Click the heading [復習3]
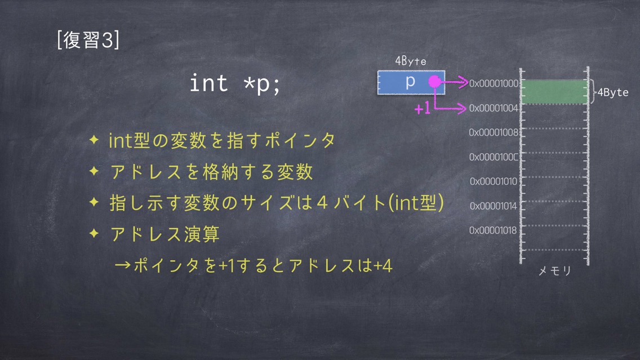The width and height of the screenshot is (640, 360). [x=88, y=40]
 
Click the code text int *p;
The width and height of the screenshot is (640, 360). [x=235, y=84]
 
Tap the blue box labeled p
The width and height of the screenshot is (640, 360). [x=411, y=82]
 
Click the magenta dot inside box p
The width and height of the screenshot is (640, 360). [x=435, y=82]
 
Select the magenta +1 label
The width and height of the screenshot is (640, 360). [x=423, y=108]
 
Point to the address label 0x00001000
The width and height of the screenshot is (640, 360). [x=494, y=83]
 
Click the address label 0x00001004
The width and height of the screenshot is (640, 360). [x=494, y=108]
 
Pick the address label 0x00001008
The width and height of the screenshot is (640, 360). [x=494, y=132]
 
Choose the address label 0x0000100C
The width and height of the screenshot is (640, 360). [x=494, y=157]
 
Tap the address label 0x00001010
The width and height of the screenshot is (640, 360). [x=494, y=181]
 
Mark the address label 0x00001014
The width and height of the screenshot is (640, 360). [x=494, y=206]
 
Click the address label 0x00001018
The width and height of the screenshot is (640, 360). [x=493, y=230]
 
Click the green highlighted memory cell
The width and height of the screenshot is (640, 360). [x=554, y=91]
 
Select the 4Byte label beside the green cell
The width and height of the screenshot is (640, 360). [x=613, y=92]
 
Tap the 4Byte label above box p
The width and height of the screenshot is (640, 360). [x=411, y=61]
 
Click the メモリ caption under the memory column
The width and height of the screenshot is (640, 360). [x=555, y=270]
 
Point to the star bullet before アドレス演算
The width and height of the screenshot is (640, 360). [x=94, y=233]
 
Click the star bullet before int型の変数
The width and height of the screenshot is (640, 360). [x=94, y=140]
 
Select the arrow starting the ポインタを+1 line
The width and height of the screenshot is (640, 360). [x=122, y=266]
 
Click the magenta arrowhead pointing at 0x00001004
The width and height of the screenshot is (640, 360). [x=461, y=108]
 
